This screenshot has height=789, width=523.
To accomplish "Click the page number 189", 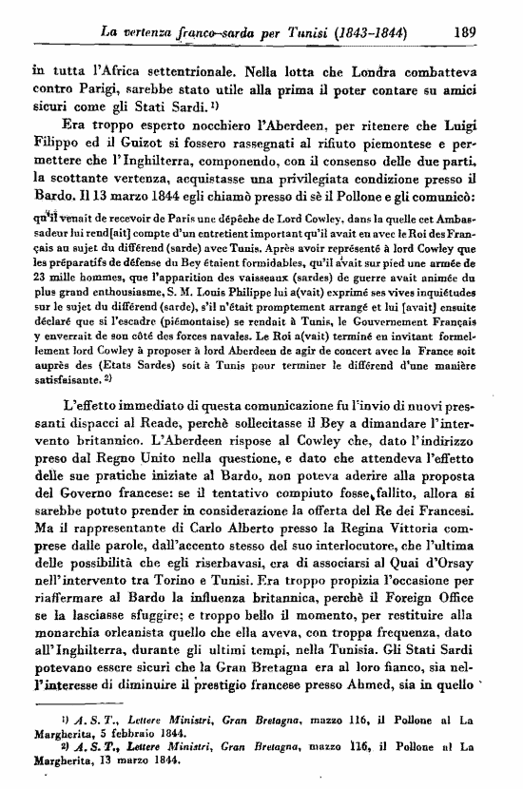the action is click(464, 30).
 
